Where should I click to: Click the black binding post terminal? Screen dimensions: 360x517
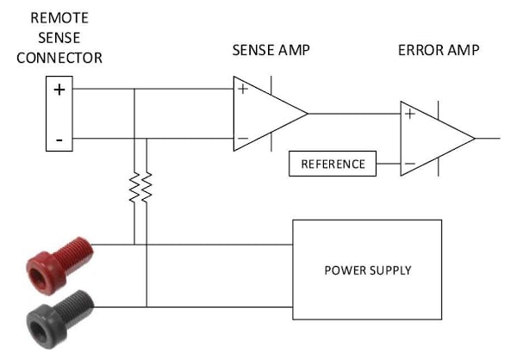(x=59, y=315)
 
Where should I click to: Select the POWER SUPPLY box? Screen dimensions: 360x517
(x=367, y=270)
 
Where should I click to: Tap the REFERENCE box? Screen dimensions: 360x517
(x=333, y=164)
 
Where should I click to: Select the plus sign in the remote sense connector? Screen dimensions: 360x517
(x=59, y=90)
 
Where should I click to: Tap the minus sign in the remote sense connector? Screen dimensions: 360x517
(x=59, y=138)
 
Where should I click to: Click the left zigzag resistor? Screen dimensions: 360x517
(x=134, y=187)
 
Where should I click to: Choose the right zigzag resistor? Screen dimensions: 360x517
(x=146, y=187)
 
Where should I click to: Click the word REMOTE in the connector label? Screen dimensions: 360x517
(x=59, y=17)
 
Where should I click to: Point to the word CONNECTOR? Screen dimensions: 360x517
(x=59, y=58)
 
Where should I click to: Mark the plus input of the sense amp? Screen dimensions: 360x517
(x=242, y=89)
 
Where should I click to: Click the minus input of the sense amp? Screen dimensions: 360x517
(x=242, y=138)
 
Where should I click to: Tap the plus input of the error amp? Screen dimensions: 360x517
(x=409, y=114)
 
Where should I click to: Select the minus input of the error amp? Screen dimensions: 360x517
(x=409, y=164)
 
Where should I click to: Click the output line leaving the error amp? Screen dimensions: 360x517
(x=487, y=139)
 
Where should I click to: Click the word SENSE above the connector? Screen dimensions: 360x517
(x=59, y=38)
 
